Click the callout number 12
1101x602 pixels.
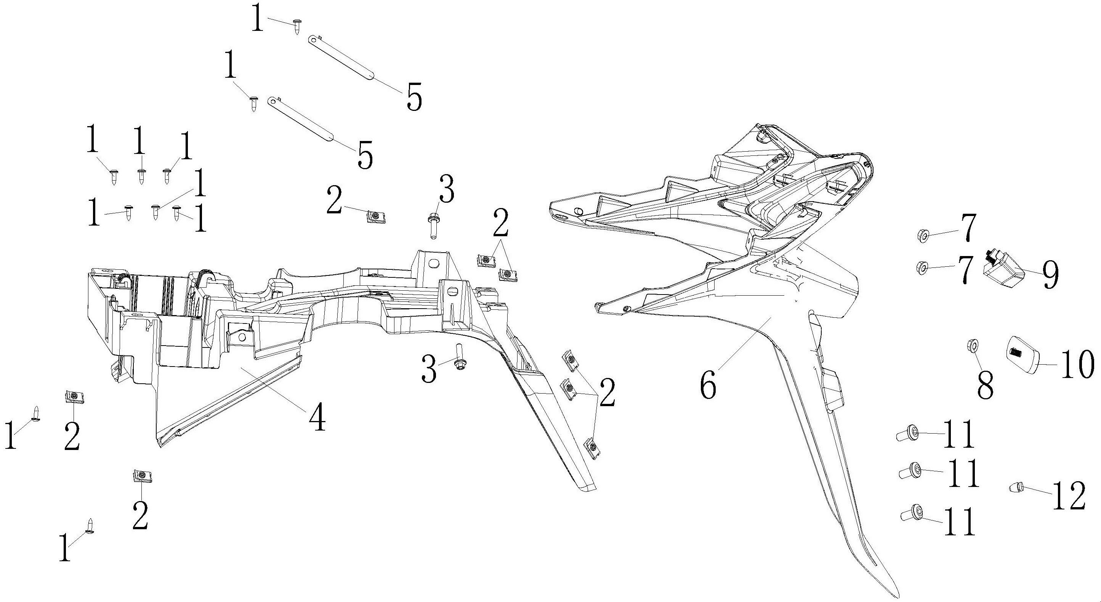1068,496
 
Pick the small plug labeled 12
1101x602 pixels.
1017,487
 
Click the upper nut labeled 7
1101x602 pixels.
923,235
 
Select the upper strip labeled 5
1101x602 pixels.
341,58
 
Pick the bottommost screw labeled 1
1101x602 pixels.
90,526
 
